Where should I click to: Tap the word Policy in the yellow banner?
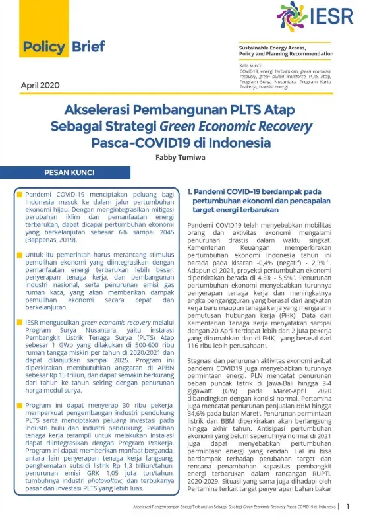pyautogui.click(x=43, y=47)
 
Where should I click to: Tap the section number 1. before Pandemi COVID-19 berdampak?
pyautogui.click(x=190, y=192)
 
